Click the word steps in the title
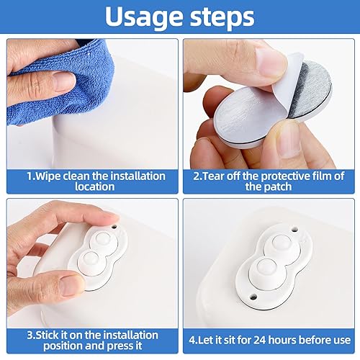pos(222,17)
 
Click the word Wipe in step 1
pos(48,176)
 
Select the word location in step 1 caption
pos(94,186)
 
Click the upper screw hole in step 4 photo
pos(294,230)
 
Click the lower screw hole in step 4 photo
pos(253,297)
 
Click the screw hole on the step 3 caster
pos(114,227)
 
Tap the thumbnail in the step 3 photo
pos(71,286)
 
